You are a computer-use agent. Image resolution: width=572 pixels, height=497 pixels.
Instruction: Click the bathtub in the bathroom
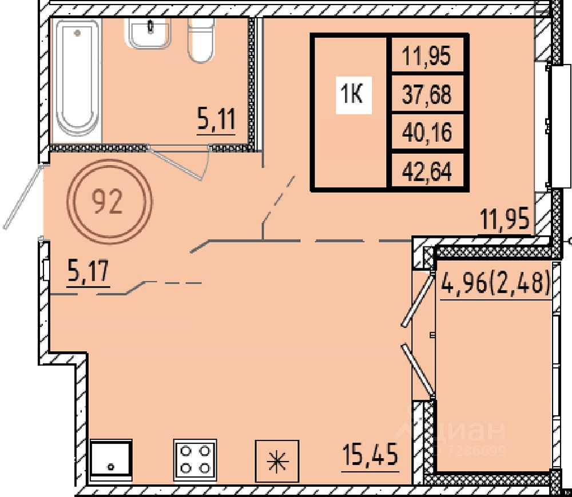[77, 80]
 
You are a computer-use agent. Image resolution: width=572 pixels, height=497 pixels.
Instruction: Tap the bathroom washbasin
[148, 33]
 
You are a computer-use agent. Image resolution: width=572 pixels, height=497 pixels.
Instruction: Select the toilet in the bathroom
[201, 39]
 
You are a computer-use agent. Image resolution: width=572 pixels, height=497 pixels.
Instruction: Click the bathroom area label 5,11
[216, 119]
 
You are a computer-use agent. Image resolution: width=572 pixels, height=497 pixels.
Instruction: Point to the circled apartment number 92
[109, 201]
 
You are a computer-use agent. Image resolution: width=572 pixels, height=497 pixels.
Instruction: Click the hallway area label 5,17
[88, 271]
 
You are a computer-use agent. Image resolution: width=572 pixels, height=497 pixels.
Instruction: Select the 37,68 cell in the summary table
[427, 94]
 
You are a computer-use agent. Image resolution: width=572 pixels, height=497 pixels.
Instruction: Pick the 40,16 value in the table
[427, 132]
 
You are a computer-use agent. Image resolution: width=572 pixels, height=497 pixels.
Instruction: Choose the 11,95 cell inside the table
[427, 55]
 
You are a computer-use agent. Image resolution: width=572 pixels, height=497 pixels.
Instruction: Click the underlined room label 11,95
[505, 219]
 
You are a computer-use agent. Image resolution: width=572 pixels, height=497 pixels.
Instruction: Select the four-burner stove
[196, 459]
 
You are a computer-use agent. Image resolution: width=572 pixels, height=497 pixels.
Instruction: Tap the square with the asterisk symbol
[277, 461]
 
